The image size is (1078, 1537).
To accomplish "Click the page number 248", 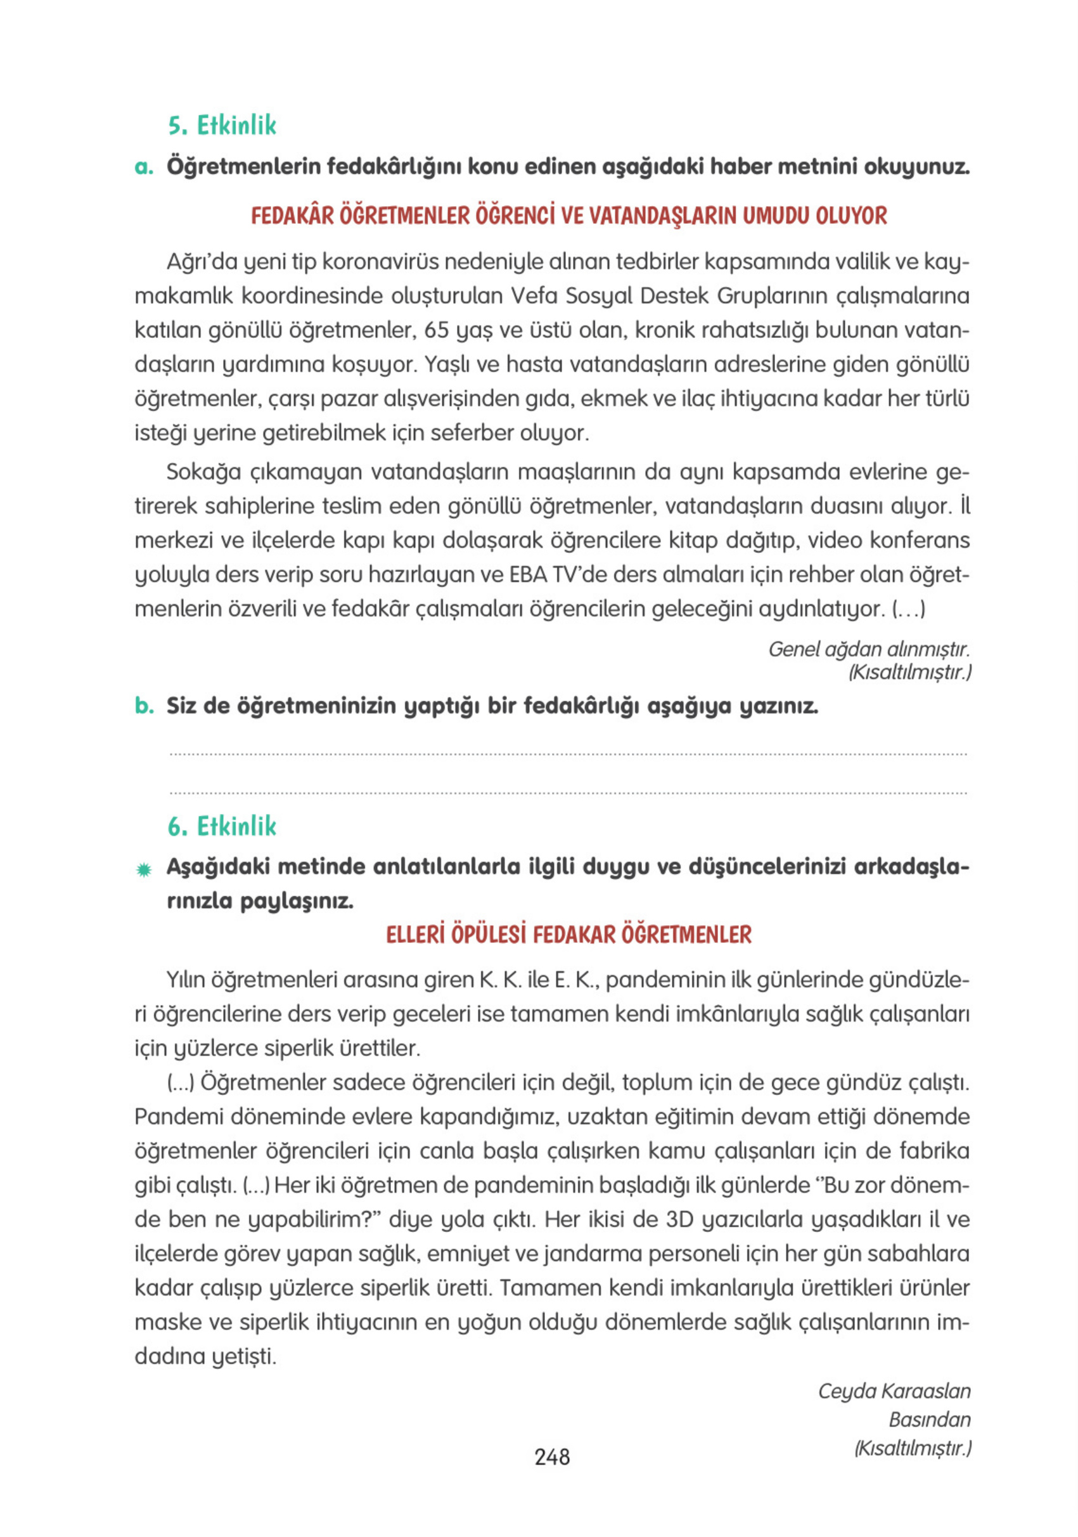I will tap(551, 1456).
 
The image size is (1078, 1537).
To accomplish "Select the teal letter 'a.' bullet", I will tap(143, 167).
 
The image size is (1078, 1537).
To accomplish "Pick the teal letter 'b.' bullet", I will tap(144, 706).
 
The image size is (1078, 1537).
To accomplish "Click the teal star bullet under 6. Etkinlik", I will tap(143, 870).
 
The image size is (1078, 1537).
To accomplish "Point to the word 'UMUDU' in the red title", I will tap(776, 216).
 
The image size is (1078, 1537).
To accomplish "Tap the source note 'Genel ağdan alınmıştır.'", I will tap(869, 649).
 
